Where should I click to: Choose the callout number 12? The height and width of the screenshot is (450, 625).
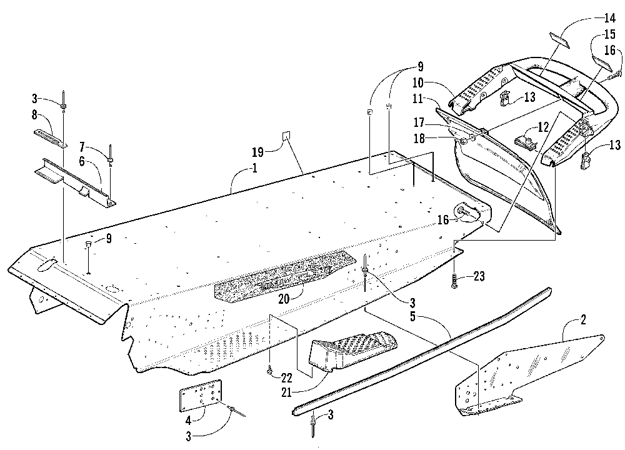point(544,126)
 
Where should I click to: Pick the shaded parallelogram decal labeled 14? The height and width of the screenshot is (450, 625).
point(564,36)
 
